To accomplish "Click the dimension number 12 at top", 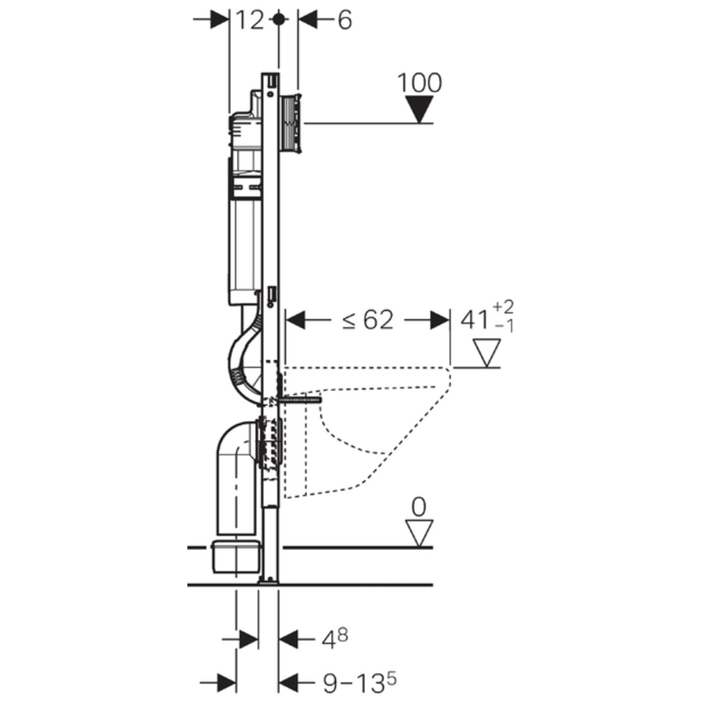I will pos(249,20).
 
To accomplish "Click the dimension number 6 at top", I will pos(344,20).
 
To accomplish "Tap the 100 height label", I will pos(419,83).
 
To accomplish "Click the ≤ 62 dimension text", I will pos(368,320).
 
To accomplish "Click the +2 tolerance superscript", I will pos(504,308).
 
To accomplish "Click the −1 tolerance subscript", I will pos(504,326).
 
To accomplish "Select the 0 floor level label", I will pos(418,508).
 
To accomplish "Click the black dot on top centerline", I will pos(279,19).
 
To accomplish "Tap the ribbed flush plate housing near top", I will pos(290,123).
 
